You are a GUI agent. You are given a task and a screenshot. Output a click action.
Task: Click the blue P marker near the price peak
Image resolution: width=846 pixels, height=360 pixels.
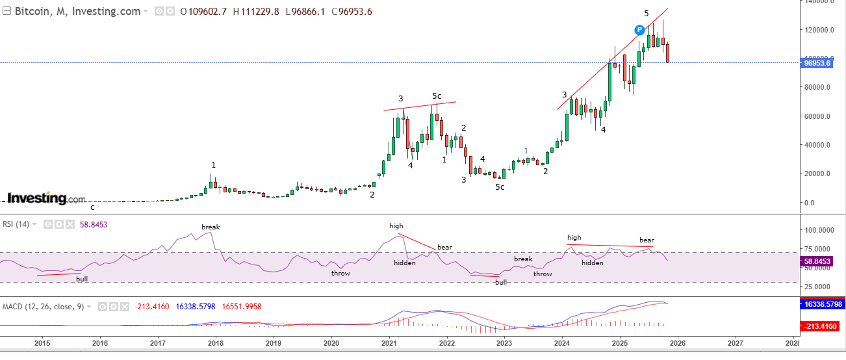click(x=639, y=29)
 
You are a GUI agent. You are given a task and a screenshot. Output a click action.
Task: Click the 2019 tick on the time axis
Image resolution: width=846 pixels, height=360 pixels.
click(x=273, y=342)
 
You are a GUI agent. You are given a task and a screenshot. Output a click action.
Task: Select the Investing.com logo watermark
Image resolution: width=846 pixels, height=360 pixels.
click(x=46, y=198)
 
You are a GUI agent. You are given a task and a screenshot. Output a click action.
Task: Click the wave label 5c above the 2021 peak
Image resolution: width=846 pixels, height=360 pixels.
click(x=437, y=96)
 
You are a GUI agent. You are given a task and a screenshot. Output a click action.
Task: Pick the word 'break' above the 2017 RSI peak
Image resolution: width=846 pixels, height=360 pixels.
click(x=211, y=227)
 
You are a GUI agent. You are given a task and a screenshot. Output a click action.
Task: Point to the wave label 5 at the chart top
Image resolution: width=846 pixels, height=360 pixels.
click(x=646, y=14)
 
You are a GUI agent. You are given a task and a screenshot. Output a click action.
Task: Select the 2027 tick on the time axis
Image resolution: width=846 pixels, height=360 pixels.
click(x=735, y=342)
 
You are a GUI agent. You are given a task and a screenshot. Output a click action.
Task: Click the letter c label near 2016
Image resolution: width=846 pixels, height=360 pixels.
click(x=92, y=208)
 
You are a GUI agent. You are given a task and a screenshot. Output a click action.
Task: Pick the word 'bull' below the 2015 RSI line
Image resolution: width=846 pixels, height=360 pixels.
click(x=82, y=279)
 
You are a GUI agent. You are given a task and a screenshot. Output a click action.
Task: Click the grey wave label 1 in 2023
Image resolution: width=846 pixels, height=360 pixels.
click(x=526, y=151)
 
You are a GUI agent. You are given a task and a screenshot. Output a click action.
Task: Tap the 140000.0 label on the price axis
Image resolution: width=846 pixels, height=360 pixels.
click(x=818, y=2)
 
